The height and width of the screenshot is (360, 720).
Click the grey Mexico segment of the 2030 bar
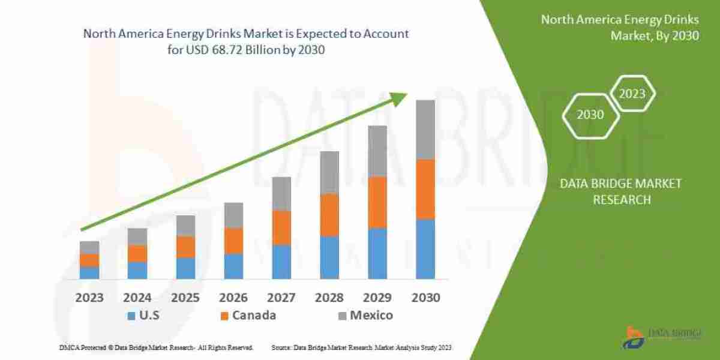425,130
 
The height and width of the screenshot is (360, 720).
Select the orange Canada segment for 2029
377,203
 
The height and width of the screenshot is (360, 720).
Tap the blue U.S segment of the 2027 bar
281,262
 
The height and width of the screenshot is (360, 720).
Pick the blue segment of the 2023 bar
89,272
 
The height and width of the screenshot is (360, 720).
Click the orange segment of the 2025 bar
185,247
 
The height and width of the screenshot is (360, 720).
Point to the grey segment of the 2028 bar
329,172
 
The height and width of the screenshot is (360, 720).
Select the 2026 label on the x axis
233,297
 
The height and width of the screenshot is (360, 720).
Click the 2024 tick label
137,297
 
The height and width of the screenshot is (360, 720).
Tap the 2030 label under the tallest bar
425,297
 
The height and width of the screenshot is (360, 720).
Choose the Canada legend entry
248,316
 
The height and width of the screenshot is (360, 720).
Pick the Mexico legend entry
364,316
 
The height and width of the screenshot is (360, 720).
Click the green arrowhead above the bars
398,100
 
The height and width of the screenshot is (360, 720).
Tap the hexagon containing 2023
632,94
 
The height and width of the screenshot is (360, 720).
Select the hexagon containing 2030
590,114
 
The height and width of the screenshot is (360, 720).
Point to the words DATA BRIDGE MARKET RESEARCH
621,191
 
